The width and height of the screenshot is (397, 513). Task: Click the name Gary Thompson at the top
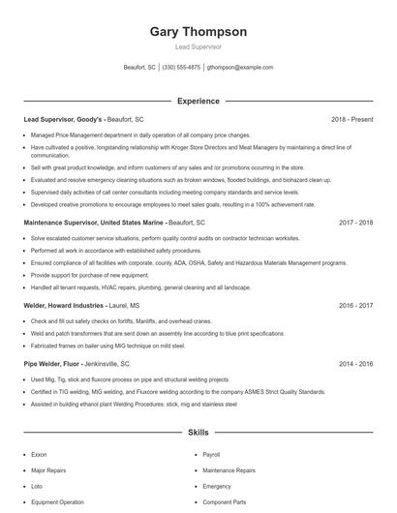pos(198,31)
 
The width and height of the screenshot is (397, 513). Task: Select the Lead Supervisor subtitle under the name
pos(198,46)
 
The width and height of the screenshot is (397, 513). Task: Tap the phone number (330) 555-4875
pos(182,68)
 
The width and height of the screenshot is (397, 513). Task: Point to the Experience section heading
pos(198,101)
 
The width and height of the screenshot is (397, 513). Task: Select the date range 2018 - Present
pos(351,119)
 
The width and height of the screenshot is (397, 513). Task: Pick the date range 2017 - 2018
pos(355,222)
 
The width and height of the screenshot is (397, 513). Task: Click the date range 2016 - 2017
pos(355,305)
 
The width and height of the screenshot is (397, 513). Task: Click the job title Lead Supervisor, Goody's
pos(62,119)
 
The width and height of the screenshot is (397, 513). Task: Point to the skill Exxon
pos(39,453)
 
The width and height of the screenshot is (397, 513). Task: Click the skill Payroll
pos(211,453)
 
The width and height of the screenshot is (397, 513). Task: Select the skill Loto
pos(37,486)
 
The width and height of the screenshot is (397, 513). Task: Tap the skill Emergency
pos(217,486)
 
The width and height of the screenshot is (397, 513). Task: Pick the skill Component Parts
pos(224,502)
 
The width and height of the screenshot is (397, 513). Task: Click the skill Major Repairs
pos(48,469)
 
